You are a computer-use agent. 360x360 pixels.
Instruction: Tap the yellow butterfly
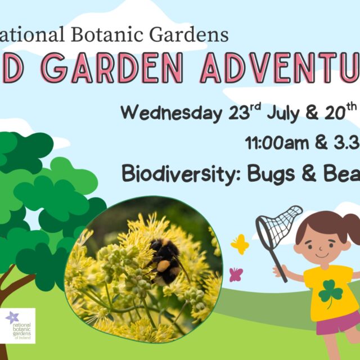pyautogui.click(x=240, y=244)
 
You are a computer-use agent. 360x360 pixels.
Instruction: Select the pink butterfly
pyautogui.click(x=236, y=274)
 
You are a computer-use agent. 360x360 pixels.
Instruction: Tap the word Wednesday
pyautogui.click(x=171, y=112)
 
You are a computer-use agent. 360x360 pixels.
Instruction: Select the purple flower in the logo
pyautogui.click(x=12, y=318)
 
